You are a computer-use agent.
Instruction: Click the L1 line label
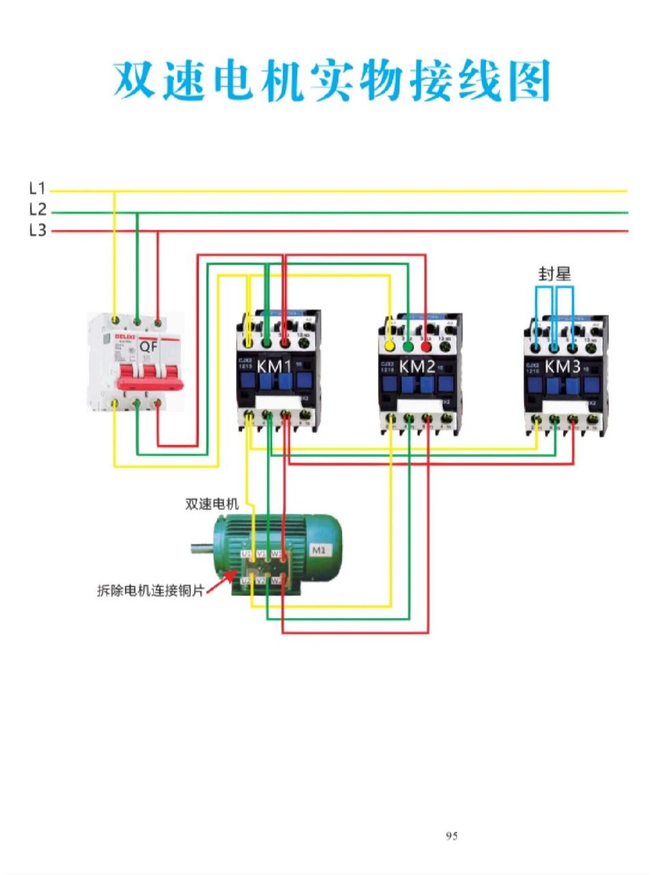click(x=38, y=189)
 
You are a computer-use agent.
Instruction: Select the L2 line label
click(x=38, y=209)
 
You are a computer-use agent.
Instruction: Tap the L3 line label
click(x=38, y=230)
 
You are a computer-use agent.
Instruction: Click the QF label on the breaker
click(x=149, y=347)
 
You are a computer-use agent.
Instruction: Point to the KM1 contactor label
click(x=274, y=367)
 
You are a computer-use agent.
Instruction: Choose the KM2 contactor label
click(x=418, y=367)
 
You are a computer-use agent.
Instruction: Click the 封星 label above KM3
click(x=554, y=275)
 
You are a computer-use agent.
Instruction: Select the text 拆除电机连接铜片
click(x=150, y=590)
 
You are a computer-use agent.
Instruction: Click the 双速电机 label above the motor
click(x=212, y=504)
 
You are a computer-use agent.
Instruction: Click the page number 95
click(x=452, y=836)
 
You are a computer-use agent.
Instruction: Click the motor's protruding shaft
click(x=202, y=546)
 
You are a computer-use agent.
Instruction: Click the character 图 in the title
click(x=528, y=82)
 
